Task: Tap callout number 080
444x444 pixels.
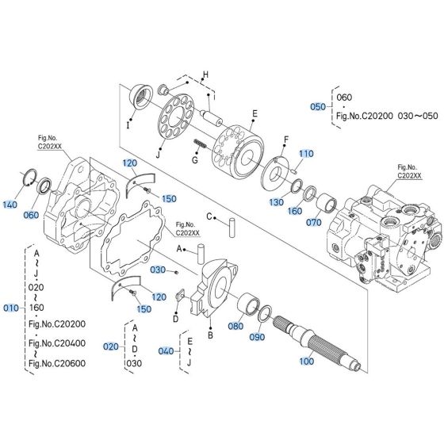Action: pos(235,324)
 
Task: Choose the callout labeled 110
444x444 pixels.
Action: pos(306,153)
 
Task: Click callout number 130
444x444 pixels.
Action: pos(275,201)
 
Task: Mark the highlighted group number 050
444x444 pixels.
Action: pos(318,106)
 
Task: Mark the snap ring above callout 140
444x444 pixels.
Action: pos(28,178)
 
